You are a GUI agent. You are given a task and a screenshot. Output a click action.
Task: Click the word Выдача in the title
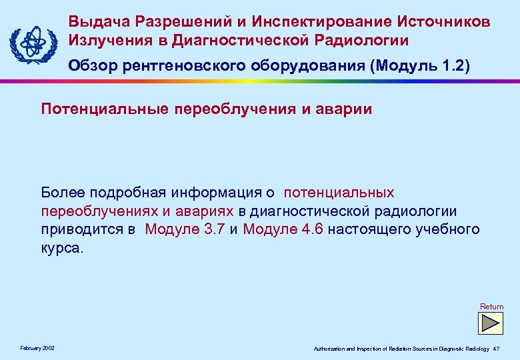click(94, 21)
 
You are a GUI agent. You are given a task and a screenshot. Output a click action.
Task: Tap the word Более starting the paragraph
click(62, 193)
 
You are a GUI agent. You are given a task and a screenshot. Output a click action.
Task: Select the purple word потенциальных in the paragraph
click(339, 193)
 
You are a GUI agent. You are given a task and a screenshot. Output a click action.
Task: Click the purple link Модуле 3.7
click(185, 230)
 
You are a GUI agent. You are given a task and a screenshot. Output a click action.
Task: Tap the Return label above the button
click(492, 307)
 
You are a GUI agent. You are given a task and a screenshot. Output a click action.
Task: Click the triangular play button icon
click(492, 323)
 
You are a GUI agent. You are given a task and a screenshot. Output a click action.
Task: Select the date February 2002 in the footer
click(38, 349)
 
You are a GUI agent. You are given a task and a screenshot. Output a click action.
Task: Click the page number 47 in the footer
click(496, 349)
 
